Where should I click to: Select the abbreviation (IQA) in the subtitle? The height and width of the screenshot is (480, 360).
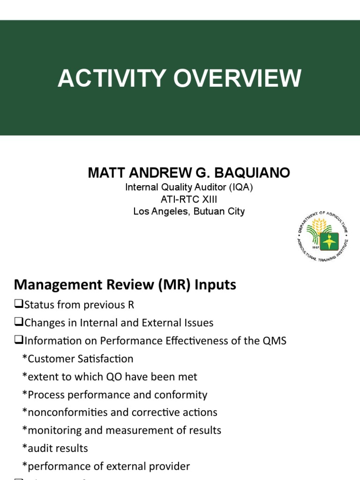[x=243, y=187]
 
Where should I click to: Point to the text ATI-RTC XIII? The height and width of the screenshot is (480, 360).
[x=189, y=199]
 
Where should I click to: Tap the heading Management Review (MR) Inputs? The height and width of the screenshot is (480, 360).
[x=125, y=284]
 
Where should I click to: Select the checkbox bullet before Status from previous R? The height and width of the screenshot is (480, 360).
[x=19, y=305]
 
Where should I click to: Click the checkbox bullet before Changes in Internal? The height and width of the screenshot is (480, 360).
[x=19, y=322]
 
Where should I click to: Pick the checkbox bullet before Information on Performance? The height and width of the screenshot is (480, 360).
[x=19, y=341]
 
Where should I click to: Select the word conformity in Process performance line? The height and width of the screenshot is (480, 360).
[x=181, y=395]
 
